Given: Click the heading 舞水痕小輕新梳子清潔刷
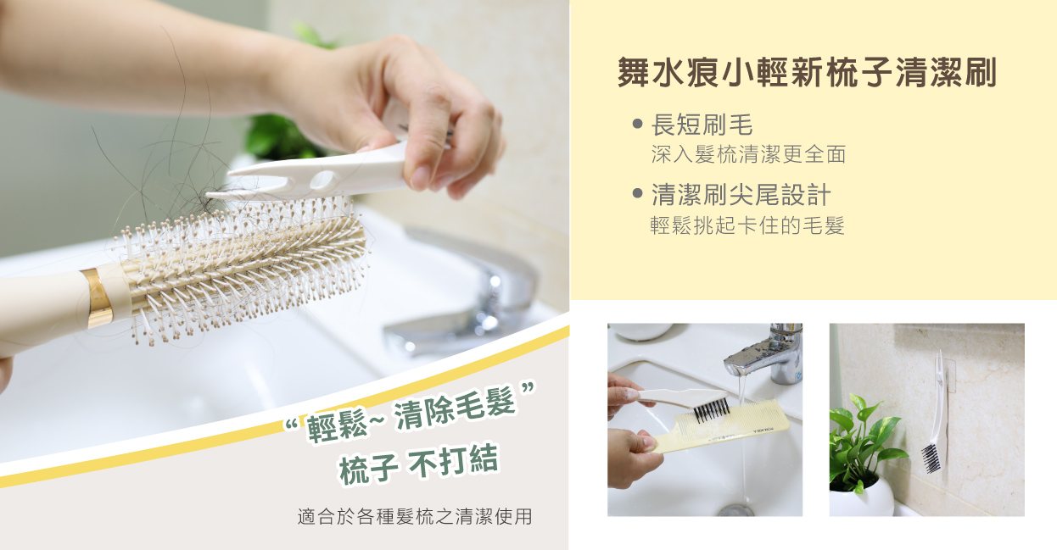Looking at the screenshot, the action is pos(807,73).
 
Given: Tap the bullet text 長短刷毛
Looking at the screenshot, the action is pos(702,125).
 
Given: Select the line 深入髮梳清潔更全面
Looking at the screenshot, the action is pos(748,154).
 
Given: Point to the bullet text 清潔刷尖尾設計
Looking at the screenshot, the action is pos(741,195).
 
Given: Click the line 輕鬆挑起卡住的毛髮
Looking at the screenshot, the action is pos(747,225).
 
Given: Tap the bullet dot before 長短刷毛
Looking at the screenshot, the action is pos(637,124).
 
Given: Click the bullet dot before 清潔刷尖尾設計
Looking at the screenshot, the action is pos(637,193).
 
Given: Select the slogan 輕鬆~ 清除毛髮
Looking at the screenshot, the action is pos(411,414).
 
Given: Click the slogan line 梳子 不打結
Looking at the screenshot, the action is pos(418,464).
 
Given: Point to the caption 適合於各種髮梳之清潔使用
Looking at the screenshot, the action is pos(415,517).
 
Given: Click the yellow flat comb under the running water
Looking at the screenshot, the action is pos(722,427).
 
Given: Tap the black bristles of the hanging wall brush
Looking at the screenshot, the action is pos(931,458).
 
